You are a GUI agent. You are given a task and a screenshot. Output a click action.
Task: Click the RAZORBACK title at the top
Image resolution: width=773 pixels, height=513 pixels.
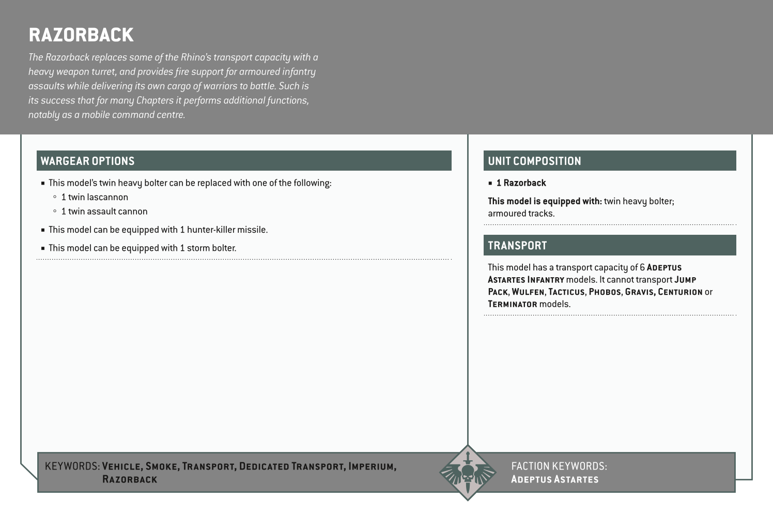(x=81, y=35)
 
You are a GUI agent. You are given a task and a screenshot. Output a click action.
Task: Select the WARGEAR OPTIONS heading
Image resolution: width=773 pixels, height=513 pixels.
(x=87, y=161)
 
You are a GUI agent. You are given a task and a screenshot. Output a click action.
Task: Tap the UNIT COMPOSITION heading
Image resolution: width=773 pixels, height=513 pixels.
(x=534, y=161)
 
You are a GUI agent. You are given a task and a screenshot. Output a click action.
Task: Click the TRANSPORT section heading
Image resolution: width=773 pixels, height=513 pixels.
(x=517, y=246)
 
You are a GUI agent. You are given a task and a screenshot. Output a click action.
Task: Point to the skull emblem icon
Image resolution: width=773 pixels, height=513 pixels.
(x=468, y=473)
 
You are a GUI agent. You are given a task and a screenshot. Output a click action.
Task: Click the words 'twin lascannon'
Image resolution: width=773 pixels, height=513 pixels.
(x=98, y=197)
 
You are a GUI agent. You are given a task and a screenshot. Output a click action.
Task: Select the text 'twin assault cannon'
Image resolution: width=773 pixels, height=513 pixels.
(x=108, y=212)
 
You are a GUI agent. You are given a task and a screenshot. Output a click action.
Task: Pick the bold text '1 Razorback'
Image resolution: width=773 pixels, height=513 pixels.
(x=521, y=183)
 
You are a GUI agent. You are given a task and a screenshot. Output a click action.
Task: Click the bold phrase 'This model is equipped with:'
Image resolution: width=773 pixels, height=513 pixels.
(x=545, y=201)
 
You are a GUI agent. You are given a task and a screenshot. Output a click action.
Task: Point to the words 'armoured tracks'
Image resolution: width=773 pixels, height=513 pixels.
(x=520, y=214)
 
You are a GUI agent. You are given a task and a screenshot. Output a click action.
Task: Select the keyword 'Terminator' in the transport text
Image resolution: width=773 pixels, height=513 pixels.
(x=512, y=304)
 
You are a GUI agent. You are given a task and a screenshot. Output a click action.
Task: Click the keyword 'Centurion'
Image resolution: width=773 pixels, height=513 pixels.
(x=680, y=292)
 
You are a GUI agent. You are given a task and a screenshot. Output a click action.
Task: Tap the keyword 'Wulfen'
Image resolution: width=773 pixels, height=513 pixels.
(x=528, y=292)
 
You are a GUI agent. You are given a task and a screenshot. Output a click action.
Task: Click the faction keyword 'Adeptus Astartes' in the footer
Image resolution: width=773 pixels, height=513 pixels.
(x=554, y=479)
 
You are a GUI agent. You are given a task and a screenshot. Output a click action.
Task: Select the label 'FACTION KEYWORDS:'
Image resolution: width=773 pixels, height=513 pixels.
(x=559, y=466)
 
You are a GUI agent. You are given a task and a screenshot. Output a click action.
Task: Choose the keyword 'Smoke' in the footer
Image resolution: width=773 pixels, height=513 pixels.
(x=162, y=466)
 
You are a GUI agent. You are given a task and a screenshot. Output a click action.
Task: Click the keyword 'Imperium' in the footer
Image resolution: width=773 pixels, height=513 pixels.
(x=372, y=466)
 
